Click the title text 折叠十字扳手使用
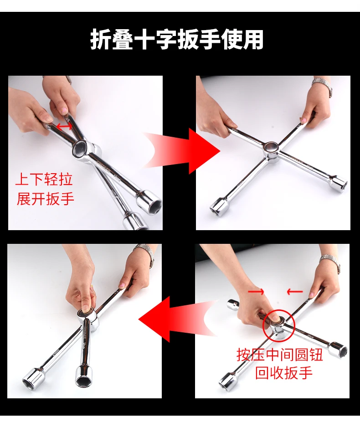[x=177, y=40]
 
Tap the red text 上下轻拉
[x=44, y=180]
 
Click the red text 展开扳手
[x=45, y=199]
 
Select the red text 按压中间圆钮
[x=280, y=355]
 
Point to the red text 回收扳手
[x=284, y=373]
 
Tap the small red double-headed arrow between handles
[x=64, y=126]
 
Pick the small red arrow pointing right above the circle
[x=256, y=291]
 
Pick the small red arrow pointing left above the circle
[x=295, y=291]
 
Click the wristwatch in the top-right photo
[x=323, y=86]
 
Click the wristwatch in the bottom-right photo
[x=330, y=263]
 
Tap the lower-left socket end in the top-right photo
[x=219, y=206]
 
